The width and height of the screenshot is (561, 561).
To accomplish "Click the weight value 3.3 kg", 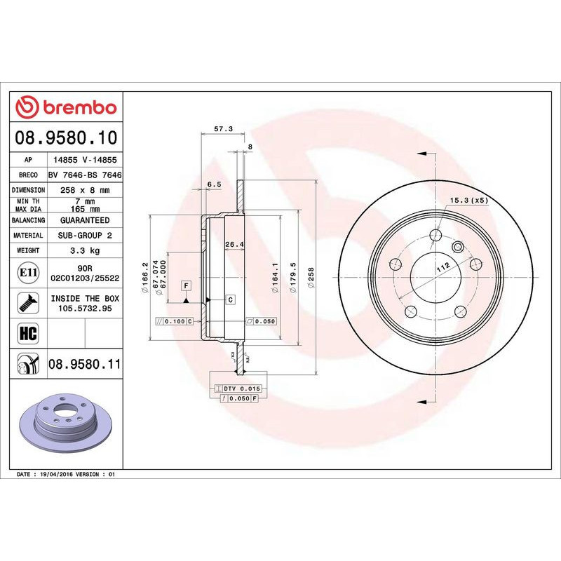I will click(85, 250).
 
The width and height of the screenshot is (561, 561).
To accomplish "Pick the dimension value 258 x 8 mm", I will click(85, 190).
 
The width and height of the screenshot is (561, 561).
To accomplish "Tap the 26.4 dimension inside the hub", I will click(234, 245).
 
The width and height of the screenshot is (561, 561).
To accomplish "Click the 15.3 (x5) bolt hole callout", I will click(468, 201).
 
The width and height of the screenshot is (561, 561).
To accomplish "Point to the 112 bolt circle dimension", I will click(442, 266).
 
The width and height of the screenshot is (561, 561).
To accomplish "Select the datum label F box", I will click(186, 285).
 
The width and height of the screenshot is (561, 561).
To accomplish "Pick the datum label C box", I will click(229, 299).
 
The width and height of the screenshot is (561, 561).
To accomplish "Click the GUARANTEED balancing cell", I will click(85, 220).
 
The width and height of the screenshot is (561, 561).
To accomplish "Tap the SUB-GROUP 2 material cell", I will click(85, 236).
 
